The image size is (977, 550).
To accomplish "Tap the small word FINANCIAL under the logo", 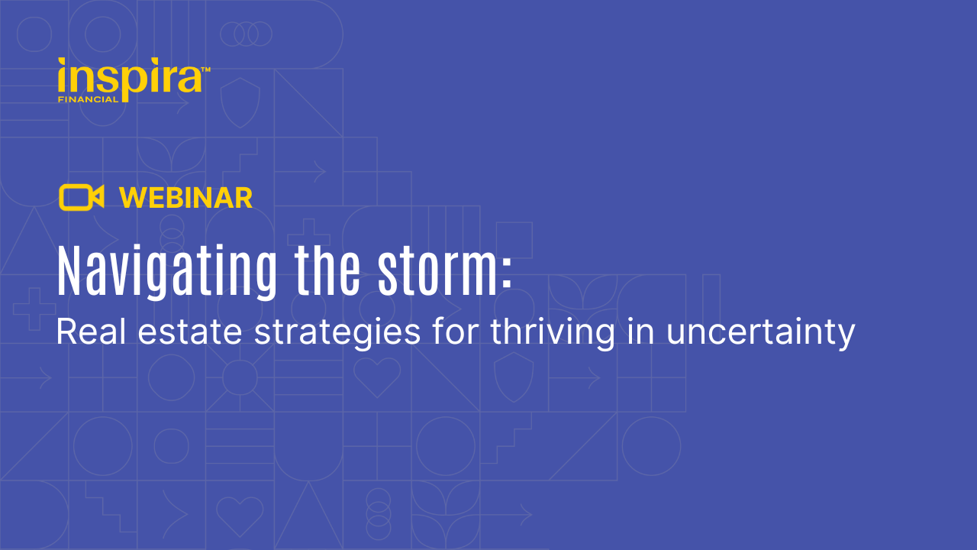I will pos(88,99).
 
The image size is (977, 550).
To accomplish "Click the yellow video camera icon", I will pos(81,198).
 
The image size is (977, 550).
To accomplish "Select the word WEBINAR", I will pos(186,199).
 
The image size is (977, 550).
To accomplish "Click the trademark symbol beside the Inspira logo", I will pos(205,70).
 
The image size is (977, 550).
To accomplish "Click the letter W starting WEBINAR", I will pos(131,199).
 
